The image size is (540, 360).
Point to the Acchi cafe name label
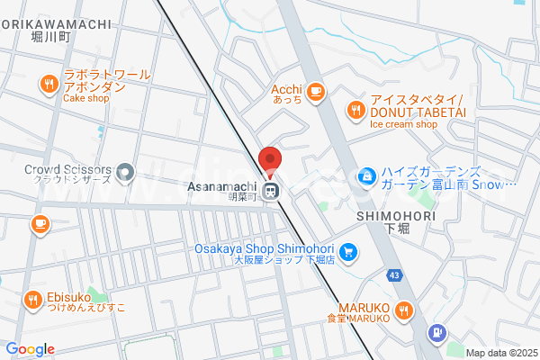[287, 90]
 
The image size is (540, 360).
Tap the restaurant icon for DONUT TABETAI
[355, 111]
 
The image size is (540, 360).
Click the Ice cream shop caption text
[403, 124]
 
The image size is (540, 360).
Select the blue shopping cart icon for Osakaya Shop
[347, 253]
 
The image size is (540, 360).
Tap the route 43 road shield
[395, 274]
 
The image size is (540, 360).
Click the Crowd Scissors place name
[67, 169]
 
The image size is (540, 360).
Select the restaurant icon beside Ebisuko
[32, 300]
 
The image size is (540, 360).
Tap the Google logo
[30, 349]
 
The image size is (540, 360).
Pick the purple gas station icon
[436, 333]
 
